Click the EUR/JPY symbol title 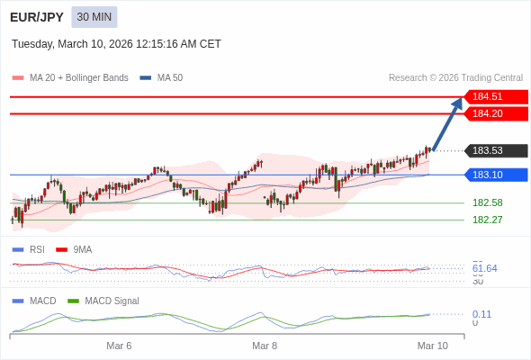[x=37, y=17]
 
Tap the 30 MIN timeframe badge [x=94, y=17]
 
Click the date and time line [x=116, y=44]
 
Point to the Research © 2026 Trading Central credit [x=455, y=78]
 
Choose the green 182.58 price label [x=487, y=202]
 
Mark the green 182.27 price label [x=487, y=220]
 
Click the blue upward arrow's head [x=458, y=103]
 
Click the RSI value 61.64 [x=484, y=268]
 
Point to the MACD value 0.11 [x=481, y=314]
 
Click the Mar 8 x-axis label [x=265, y=346]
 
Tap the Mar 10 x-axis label [x=432, y=346]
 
